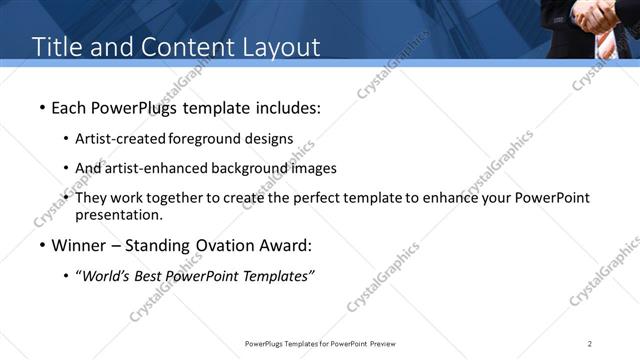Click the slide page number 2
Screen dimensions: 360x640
click(590, 344)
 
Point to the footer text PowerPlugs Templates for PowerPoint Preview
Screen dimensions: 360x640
click(319, 344)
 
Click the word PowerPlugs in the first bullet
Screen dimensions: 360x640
click(135, 107)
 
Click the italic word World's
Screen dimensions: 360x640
click(105, 276)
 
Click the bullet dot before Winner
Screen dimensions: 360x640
click(41, 245)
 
